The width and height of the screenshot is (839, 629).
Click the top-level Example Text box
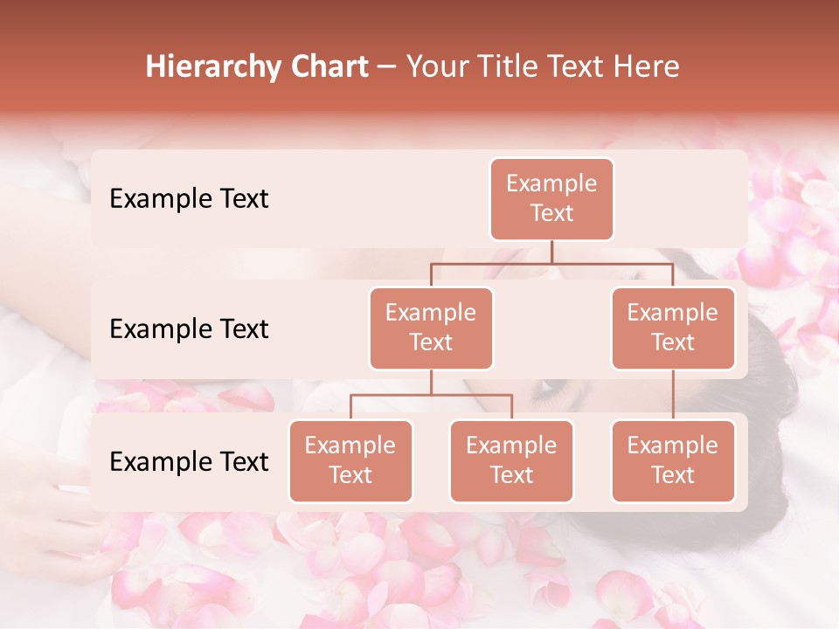pos(551,199)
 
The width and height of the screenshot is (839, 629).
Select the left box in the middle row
pos(431,328)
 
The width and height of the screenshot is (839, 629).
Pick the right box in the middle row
pos(673,328)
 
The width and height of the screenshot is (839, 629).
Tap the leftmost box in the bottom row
pos(350,461)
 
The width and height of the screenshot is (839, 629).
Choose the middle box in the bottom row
pos(511,461)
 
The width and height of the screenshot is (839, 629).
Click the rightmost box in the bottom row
pos(673,461)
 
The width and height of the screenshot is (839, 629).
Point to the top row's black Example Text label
pos(189,199)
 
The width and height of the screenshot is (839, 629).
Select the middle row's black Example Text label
pos(189,329)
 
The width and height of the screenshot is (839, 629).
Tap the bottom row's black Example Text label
pos(189,462)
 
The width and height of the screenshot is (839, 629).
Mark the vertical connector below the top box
pos(551,252)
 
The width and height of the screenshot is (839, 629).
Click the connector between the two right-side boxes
pos(673,395)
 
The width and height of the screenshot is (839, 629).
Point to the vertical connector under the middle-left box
pos(431,382)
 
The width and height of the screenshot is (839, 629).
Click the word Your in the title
pos(436,67)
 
